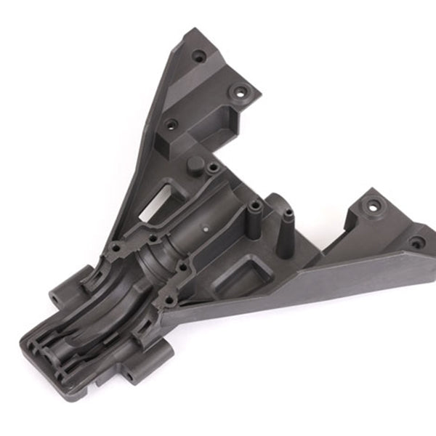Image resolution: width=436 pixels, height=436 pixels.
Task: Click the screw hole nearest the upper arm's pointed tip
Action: tap(198, 54)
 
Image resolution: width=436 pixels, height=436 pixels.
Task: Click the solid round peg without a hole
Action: tap(195, 163)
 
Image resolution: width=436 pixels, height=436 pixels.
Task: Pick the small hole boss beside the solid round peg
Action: tap(213, 169)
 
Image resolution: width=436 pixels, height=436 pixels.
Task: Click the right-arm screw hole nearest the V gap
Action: tap(374, 206)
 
